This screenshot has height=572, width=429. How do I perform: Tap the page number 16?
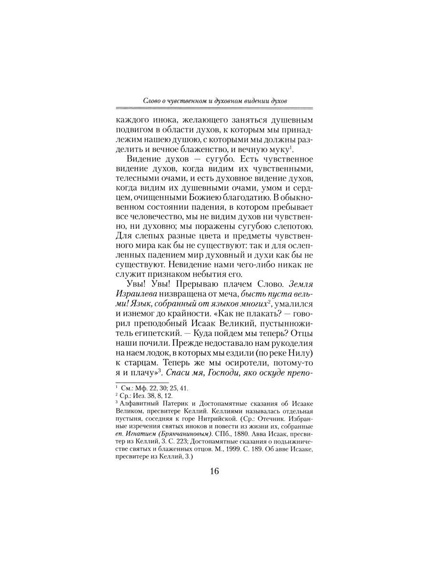(214, 471)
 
